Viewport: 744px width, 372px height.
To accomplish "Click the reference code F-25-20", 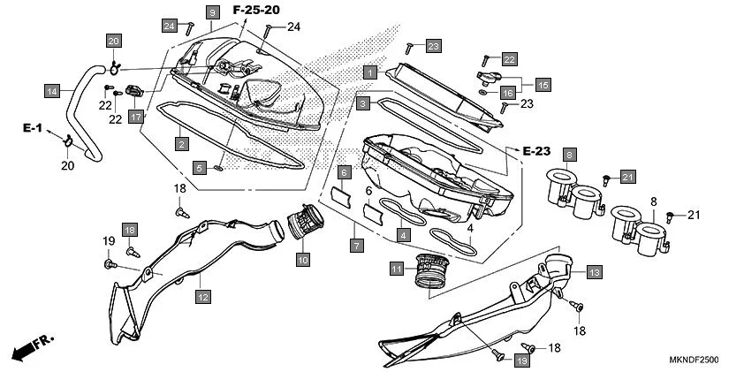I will point(256,10).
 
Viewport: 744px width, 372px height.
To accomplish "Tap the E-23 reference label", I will point(538,151).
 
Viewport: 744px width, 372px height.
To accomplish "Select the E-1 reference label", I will point(33,129).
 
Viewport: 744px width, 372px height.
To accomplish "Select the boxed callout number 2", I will point(180,143).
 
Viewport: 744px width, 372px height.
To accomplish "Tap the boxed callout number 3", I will point(363,103).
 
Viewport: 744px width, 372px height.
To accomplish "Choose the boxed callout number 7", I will point(357,245).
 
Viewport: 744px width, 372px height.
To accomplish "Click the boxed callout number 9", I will point(187,12).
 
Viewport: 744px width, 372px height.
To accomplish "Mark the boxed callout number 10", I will point(302,260).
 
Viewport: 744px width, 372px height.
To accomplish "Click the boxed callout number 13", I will point(594,272).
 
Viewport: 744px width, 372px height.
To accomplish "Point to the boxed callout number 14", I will point(53,90).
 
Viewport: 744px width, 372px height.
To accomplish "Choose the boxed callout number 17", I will point(136,116).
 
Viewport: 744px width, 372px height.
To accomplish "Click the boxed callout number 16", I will point(507,93).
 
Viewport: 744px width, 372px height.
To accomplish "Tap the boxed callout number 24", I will point(169,26).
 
